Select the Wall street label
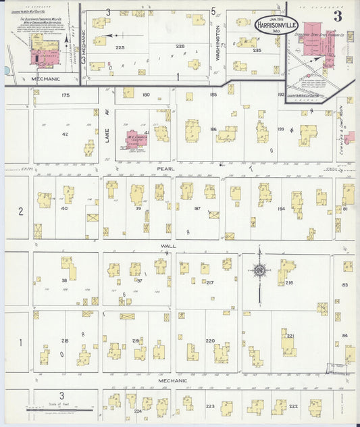pos(168,246)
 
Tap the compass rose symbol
pos(259,272)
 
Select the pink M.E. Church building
pos(132,141)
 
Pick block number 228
pos(180,46)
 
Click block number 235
pos(257,50)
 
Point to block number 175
pos(65,95)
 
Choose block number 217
pos(209,282)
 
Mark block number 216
pos(288,282)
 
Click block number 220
pos(209,341)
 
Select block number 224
pos(138,410)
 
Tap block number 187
pos(198,209)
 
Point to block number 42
pos(65,134)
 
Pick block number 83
pos(344,286)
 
